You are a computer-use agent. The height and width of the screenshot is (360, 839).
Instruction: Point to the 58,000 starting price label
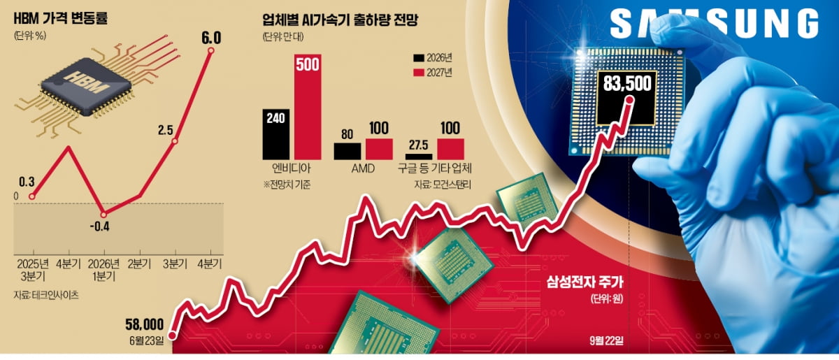coord(145,324)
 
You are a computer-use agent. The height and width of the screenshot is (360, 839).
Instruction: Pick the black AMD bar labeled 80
coord(347,150)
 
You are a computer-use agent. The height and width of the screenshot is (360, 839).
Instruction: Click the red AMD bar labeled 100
coord(379,148)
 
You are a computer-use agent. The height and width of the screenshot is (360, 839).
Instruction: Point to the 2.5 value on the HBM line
coord(166,131)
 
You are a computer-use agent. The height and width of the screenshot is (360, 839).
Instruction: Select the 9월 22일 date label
coord(611,340)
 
